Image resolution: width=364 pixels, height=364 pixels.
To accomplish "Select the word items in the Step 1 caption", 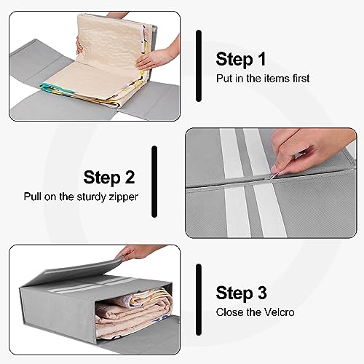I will (x=271, y=78).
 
